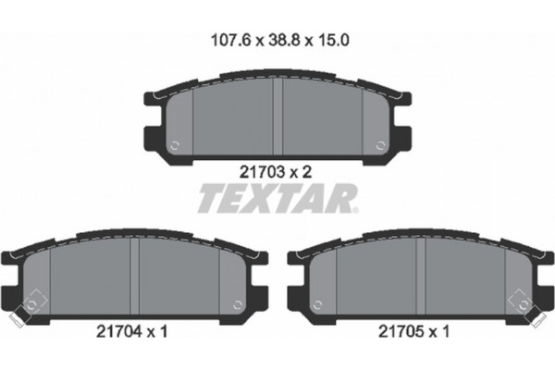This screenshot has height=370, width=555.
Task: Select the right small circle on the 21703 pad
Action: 383,144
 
